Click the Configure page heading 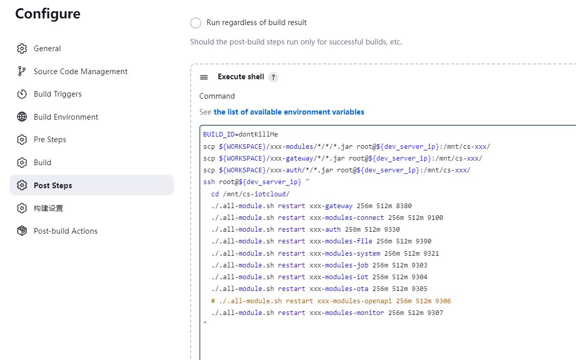[x=48, y=14]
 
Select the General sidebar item [x=47, y=49]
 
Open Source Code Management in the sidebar [x=81, y=72]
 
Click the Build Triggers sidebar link [x=58, y=94]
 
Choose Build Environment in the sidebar [x=66, y=117]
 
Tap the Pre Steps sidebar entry [x=50, y=140]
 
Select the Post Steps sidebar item [x=53, y=186]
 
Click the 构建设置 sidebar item [x=49, y=208]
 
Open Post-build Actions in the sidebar [x=65, y=231]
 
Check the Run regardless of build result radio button [x=196, y=23]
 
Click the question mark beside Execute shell [x=273, y=77]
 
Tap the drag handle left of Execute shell [x=204, y=77]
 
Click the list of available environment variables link [x=289, y=112]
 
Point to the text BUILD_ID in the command [x=219, y=134]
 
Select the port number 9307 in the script [x=435, y=312]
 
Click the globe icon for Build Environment [x=22, y=117]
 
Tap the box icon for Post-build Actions [x=22, y=231]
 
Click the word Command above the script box [x=217, y=96]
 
